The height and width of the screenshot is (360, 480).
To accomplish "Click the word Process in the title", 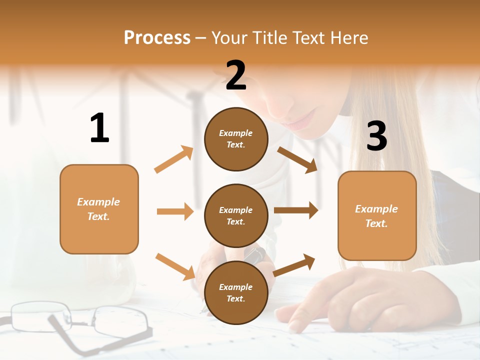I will (x=157, y=37).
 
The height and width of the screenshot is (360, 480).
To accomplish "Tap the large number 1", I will (x=99, y=128).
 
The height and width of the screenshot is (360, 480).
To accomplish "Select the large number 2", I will (x=236, y=75).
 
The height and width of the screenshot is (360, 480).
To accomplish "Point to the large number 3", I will (x=376, y=136).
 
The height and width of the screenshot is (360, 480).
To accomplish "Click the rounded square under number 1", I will (x=99, y=209).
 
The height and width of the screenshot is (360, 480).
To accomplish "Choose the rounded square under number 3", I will (x=377, y=215).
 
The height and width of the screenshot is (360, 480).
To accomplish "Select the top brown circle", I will (x=236, y=139).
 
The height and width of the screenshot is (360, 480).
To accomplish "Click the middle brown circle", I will (x=236, y=215).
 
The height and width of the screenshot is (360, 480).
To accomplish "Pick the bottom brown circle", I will (x=236, y=292).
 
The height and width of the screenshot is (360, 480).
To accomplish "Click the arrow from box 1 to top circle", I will (x=174, y=159).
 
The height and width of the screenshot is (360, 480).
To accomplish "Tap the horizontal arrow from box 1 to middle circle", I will (x=175, y=211).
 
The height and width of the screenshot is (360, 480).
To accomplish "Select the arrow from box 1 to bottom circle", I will (x=175, y=266).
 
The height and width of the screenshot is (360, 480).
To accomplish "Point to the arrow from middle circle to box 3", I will (x=296, y=210).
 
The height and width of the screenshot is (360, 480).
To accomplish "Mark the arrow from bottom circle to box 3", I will (x=294, y=265).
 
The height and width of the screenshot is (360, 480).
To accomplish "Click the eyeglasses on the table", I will (x=80, y=320).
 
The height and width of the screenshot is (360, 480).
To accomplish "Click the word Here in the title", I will (x=349, y=37).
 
